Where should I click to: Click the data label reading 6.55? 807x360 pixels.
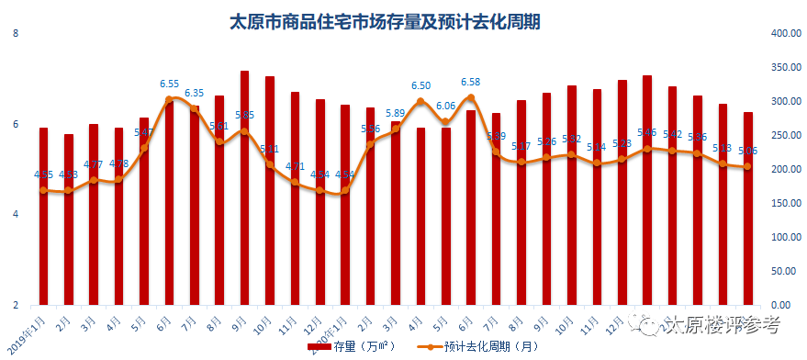[170, 84]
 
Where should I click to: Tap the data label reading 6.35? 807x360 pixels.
[195, 93]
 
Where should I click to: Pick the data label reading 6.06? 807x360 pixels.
[446, 106]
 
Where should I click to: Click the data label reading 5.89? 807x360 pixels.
[396, 114]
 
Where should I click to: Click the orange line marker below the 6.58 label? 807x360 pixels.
[471, 97]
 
